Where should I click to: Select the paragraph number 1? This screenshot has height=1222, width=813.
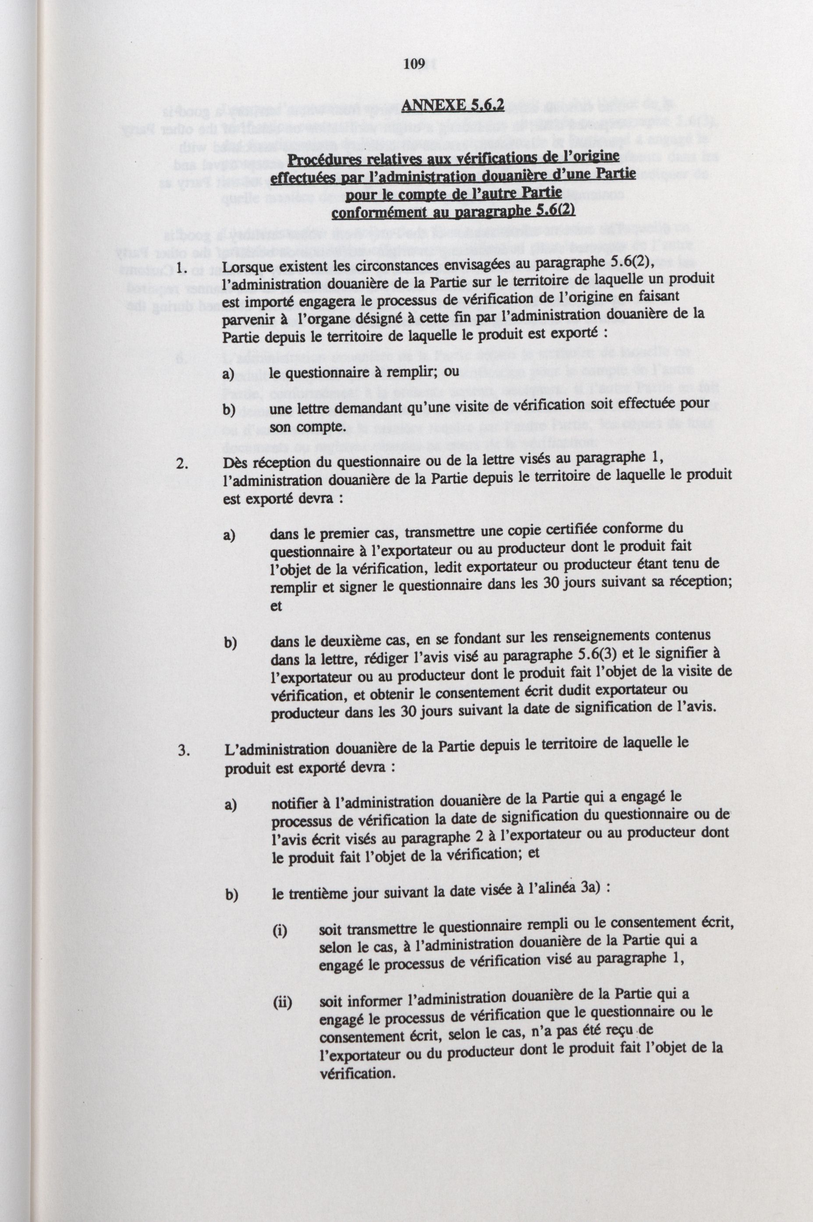181,269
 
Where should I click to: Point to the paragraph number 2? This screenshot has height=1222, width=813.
181,463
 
